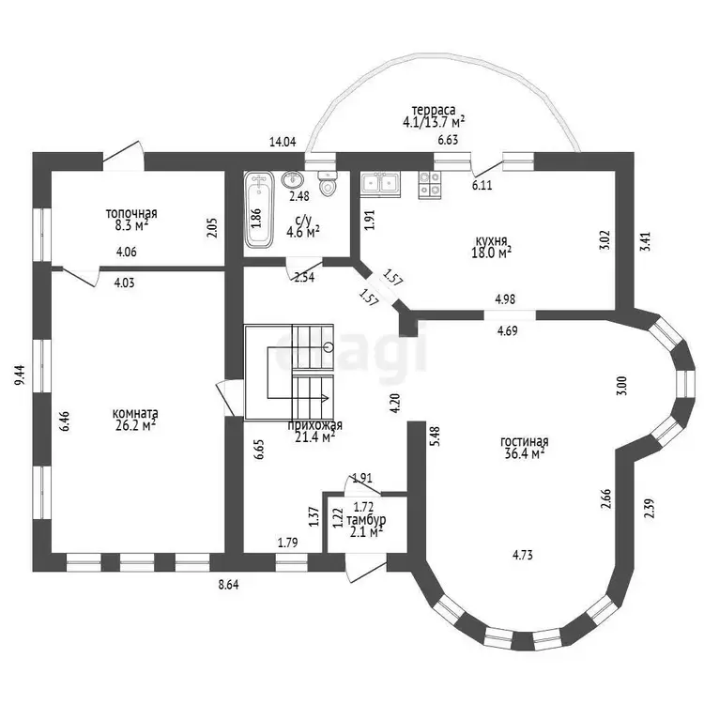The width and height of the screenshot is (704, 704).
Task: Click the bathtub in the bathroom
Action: [x=259, y=209]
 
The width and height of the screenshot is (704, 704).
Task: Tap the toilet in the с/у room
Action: [x=327, y=183]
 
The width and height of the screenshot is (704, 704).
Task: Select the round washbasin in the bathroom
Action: [x=292, y=179]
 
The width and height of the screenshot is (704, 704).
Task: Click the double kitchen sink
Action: [x=380, y=185]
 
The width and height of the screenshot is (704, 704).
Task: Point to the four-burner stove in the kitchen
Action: [x=430, y=185]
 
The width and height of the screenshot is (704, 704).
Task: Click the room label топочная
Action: [x=131, y=213]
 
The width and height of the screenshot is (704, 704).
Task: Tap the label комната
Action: [x=134, y=413]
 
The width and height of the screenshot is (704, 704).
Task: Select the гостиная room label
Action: [x=525, y=442]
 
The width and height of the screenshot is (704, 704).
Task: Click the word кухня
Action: [x=492, y=240]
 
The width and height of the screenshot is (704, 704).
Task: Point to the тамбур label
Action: [x=366, y=520]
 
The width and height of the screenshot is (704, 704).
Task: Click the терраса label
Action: [x=434, y=110]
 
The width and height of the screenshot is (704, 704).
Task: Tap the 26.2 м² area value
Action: [x=135, y=424]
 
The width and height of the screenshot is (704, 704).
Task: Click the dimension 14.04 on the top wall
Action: [x=283, y=143]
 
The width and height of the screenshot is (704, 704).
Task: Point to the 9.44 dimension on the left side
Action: [x=20, y=375]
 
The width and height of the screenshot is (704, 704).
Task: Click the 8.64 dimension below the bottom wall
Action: [x=229, y=585]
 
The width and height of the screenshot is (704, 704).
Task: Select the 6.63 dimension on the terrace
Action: [x=448, y=140]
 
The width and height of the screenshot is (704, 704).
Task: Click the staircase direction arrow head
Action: [x=326, y=398]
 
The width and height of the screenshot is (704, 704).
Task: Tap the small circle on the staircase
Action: [x=329, y=347]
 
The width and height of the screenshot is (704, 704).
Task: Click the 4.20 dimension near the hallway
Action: [x=394, y=404]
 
